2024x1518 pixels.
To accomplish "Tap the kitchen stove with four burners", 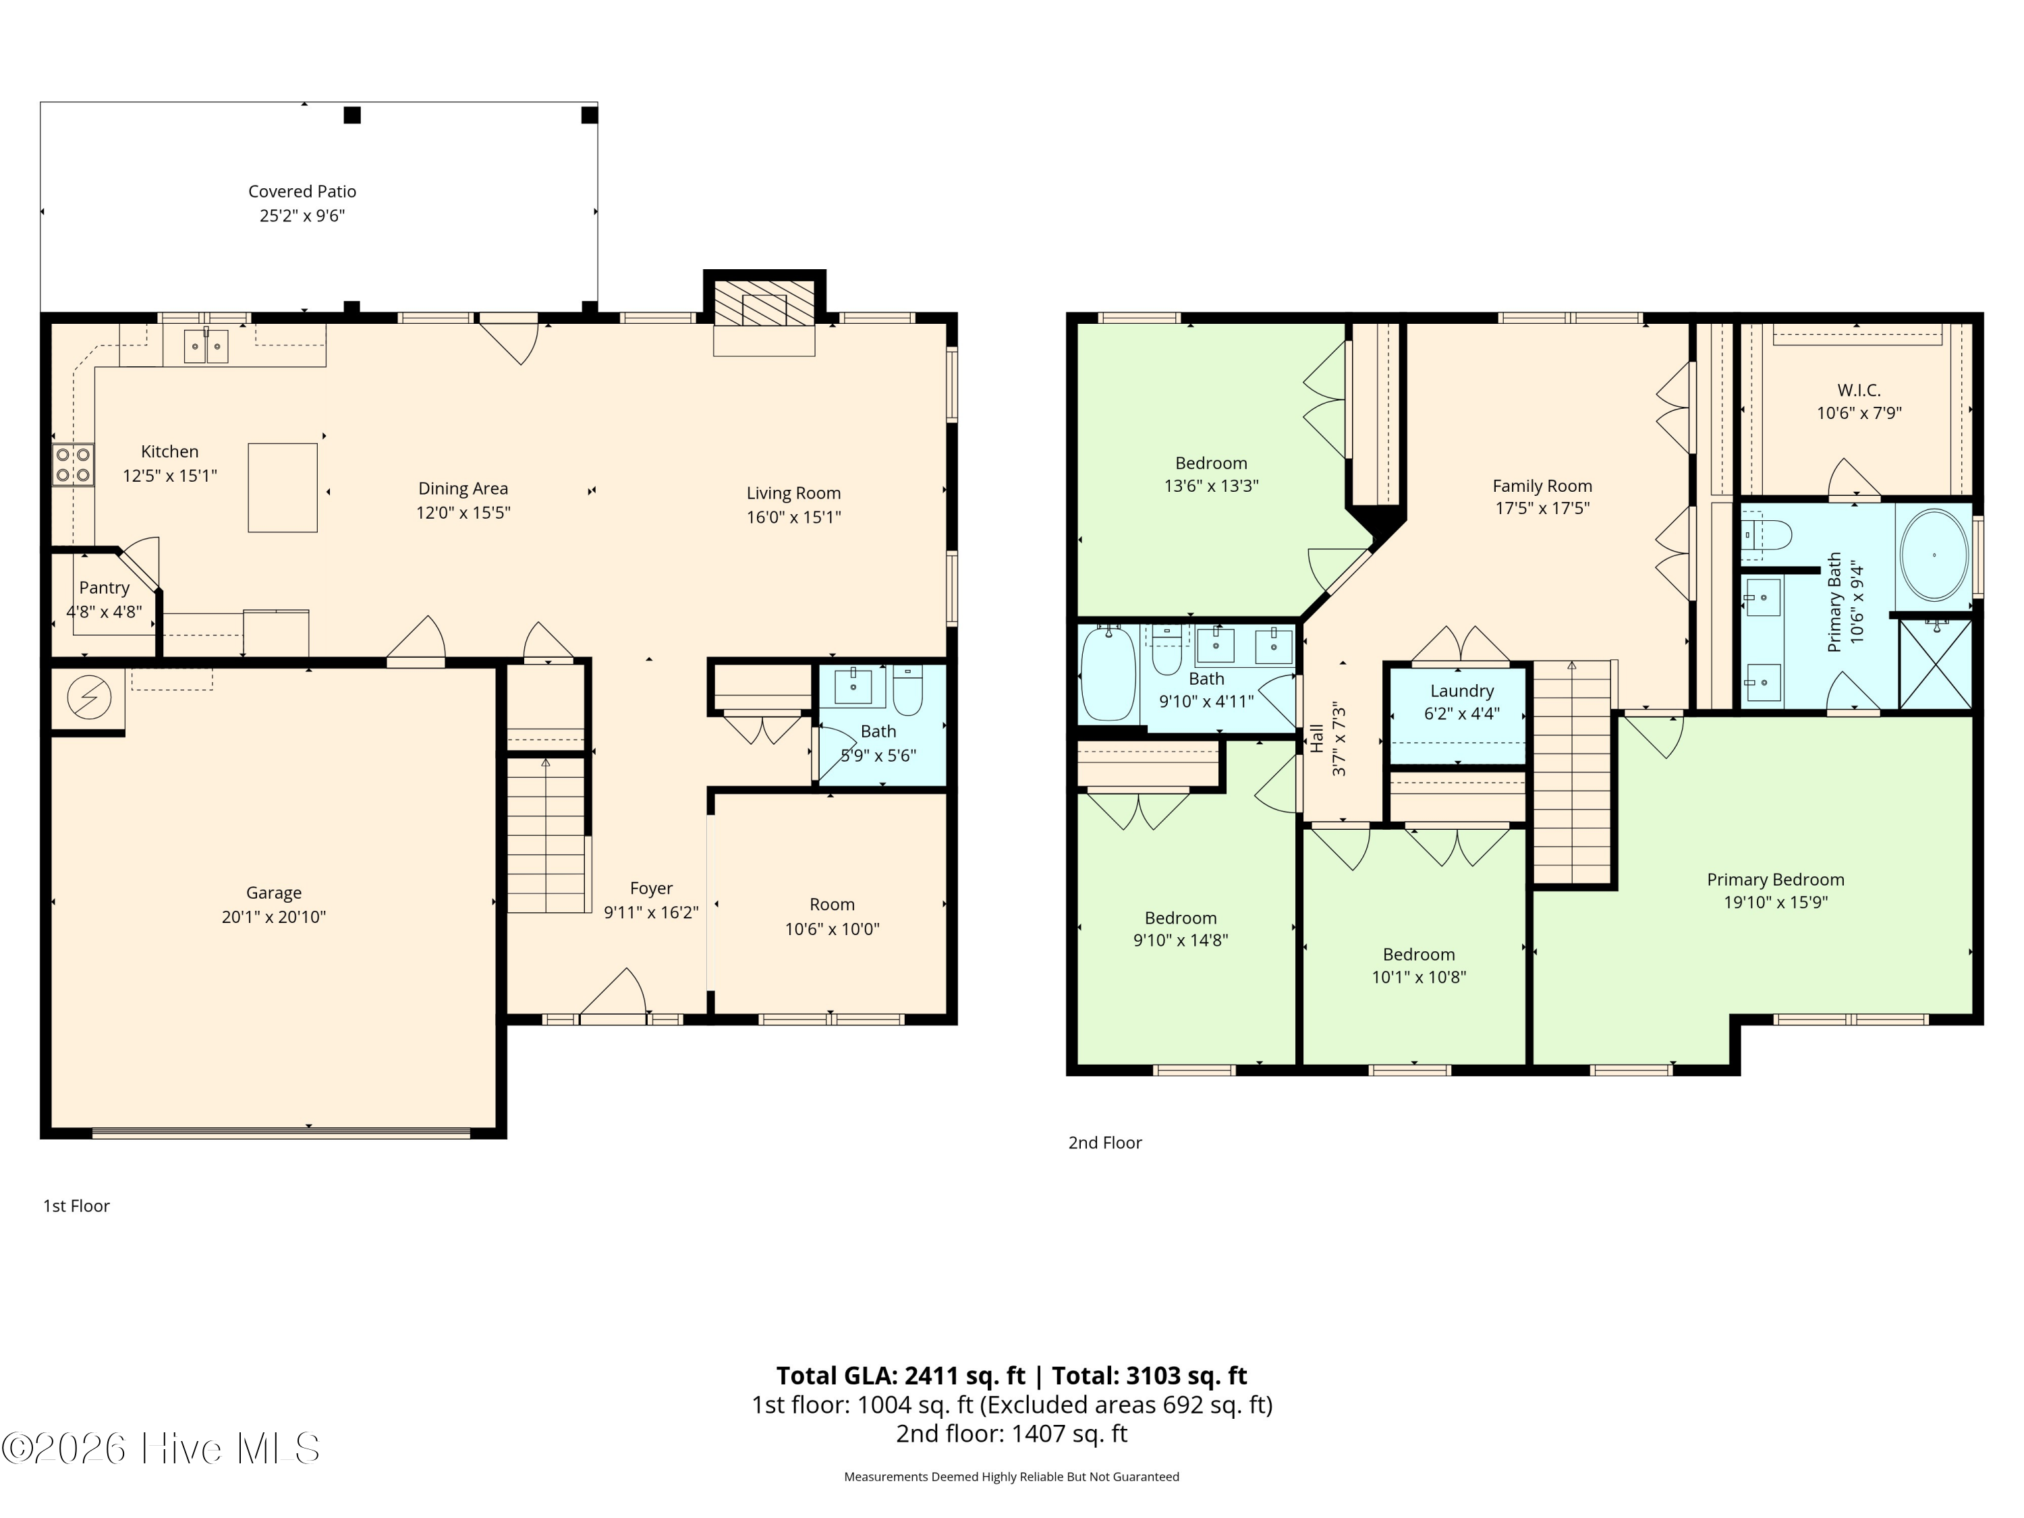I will click(73, 464).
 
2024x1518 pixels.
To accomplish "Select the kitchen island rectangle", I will click(283, 488).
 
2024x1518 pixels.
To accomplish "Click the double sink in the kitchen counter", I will click(206, 346).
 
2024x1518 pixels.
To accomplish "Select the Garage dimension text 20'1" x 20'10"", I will click(274, 917).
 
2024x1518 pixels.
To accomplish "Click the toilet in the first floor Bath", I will click(907, 691).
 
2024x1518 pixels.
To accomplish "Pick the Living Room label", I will click(793, 493).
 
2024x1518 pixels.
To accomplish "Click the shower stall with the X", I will click(1935, 665).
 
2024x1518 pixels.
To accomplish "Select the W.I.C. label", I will click(1859, 390).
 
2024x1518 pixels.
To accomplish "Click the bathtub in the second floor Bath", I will click(1108, 673).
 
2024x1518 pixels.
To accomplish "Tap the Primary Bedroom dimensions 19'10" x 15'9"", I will click(1775, 902).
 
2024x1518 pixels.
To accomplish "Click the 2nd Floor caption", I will click(1105, 1143).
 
